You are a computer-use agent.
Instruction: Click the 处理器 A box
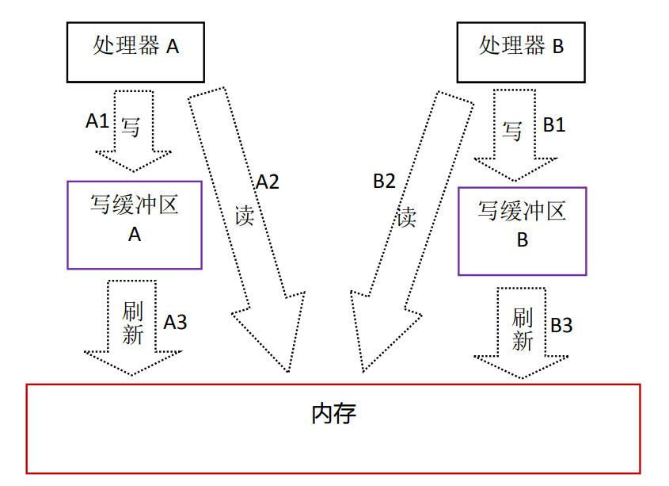[x=135, y=50]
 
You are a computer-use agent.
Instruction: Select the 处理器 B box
[x=521, y=50]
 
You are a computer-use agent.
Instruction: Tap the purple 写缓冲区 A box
[x=135, y=224]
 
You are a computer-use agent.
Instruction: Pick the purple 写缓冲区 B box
[x=522, y=231]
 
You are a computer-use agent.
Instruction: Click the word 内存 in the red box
[x=333, y=413]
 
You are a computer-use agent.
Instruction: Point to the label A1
[x=97, y=121]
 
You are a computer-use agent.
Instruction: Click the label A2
[x=267, y=182]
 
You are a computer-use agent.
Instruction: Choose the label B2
[x=384, y=182]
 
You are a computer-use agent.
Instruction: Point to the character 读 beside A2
[x=245, y=214]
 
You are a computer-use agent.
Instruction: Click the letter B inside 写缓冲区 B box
[x=522, y=240]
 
